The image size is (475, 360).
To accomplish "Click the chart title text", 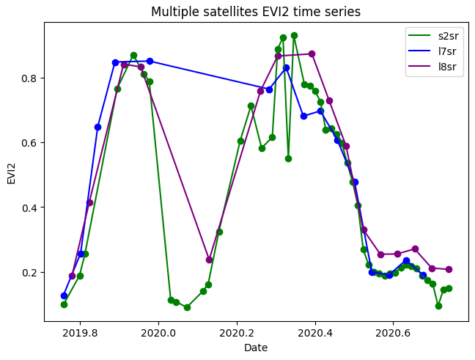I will point(255,12).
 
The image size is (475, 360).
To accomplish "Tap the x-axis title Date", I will point(256,346).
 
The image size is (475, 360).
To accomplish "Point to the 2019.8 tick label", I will point(79,331).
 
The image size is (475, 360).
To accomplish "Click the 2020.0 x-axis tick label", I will point(158,331).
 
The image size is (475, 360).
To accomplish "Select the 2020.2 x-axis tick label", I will point(236,331).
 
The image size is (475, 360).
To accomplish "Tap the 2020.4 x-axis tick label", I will point(314,331).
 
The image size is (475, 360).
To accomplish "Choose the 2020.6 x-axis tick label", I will point(393,331).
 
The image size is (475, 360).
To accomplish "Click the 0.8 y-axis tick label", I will point(28,78).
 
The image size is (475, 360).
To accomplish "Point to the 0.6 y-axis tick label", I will point(28,143).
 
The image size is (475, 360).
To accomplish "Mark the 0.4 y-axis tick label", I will point(28,207).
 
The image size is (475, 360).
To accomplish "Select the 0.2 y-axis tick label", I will point(28,273).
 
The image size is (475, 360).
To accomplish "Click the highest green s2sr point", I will point(294,35).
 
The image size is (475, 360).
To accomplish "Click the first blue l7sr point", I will point(64,295).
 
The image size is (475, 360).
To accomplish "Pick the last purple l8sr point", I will point(449,269).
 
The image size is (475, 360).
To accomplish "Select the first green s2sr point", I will point(64,304).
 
